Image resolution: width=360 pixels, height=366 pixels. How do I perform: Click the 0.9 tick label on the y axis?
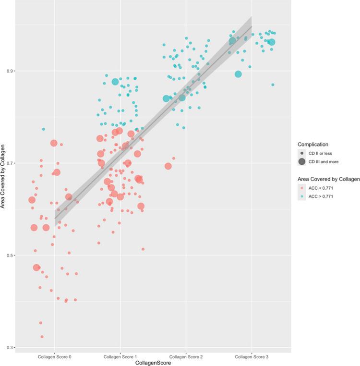coord(8,71)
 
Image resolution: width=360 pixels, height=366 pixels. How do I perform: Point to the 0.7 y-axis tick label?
coord(8,163)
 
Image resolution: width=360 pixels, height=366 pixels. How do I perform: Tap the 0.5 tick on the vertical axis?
coord(8,256)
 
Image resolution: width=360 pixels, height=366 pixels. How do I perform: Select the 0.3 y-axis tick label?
coord(8,348)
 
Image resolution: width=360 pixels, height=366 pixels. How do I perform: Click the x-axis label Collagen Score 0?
coord(54,357)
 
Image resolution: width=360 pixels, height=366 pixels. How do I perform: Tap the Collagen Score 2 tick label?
coord(186,357)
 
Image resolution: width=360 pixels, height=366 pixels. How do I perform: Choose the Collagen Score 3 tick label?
coord(252,357)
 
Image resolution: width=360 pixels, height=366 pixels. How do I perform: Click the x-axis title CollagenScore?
coord(153,363)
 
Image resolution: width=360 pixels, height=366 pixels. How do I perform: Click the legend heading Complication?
coord(312,144)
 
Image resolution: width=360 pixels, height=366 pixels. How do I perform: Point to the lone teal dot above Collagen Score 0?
coord(43,129)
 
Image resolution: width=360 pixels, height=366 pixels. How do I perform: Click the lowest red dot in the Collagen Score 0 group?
coord(42,337)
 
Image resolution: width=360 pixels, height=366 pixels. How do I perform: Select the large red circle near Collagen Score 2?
coord(168,166)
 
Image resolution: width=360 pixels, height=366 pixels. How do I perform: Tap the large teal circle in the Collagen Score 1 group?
coord(115,82)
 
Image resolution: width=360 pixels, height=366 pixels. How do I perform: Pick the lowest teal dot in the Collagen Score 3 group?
coord(273,85)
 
